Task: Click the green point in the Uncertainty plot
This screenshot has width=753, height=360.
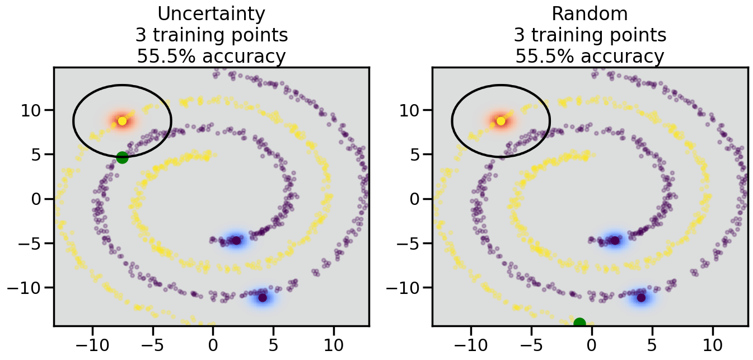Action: pyautogui.click(x=122, y=158)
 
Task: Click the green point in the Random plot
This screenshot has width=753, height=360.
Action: pyautogui.click(x=579, y=323)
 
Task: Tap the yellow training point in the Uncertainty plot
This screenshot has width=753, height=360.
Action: pyautogui.click(x=122, y=121)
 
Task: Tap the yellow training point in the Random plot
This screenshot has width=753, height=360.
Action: pyautogui.click(x=501, y=121)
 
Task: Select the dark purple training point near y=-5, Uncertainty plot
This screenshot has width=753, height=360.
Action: pyautogui.click(x=236, y=241)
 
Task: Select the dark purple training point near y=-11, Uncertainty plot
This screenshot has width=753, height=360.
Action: pyautogui.click(x=263, y=297)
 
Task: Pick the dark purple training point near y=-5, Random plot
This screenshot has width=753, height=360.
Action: pyautogui.click(x=615, y=241)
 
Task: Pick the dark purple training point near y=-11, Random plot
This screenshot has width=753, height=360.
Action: pyautogui.click(x=641, y=297)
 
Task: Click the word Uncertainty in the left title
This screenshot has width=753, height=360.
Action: pyautogui.click(x=211, y=13)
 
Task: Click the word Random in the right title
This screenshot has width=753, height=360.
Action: pyautogui.click(x=590, y=13)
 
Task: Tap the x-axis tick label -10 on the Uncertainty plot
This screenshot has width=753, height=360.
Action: pyautogui.click(x=92, y=343)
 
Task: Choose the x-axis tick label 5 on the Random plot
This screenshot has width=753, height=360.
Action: pyautogui.click(x=652, y=343)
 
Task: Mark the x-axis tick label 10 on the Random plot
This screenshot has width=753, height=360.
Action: pyautogui.click(x=712, y=343)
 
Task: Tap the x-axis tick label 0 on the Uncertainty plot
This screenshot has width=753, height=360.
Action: pyautogui.click(x=213, y=343)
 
